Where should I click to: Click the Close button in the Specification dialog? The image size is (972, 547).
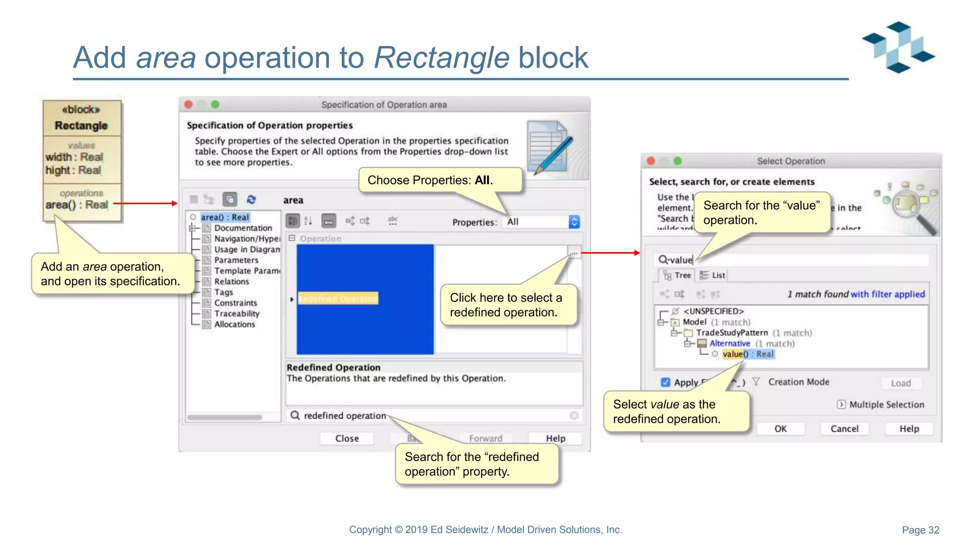pyautogui.click(x=347, y=438)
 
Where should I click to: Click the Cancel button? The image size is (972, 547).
pyautogui.click(x=844, y=429)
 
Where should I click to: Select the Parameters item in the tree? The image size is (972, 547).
pyautogui.click(x=236, y=260)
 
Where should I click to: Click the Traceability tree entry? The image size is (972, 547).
pyautogui.click(x=236, y=313)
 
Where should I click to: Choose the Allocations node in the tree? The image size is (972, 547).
pyautogui.click(x=234, y=324)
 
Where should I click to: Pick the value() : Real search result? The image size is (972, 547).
pyautogui.click(x=748, y=354)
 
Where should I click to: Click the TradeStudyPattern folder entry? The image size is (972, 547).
pyautogui.click(x=731, y=333)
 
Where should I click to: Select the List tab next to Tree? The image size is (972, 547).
pyautogui.click(x=713, y=275)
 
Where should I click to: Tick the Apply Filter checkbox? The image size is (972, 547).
pyautogui.click(x=665, y=382)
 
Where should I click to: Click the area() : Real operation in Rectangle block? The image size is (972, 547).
pyautogui.click(x=77, y=205)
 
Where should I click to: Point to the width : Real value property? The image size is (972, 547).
pyautogui.click(x=74, y=157)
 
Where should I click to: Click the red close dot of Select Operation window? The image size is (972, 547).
pyautogui.click(x=651, y=161)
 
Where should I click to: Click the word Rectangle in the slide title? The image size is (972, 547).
pyautogui.click(x=442, y=58)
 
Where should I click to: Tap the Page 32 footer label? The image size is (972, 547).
pyautogui.click(x=920, y=530)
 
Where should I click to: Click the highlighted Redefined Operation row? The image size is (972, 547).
pyautogui.click(x=338, y=299)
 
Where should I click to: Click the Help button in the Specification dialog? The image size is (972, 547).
pyautogui.click(x=555, y=438)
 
